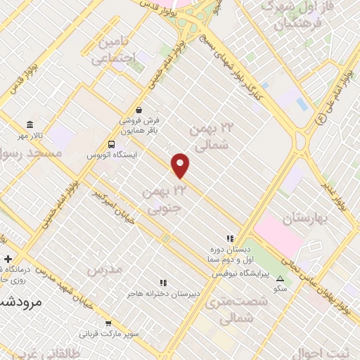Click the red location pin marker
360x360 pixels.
[x=181, y=165]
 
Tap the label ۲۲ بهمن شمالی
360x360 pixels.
[x=211, y=136]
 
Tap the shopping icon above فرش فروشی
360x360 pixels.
[x=139, y=110]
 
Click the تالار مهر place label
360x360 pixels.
[x=51, y=134]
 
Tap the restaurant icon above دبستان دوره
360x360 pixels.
[x=229, y=238]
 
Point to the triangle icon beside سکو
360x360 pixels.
[x=281, y=278]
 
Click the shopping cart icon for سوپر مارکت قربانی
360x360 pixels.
[x=108, y=324]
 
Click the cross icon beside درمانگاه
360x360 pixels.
[x=8, y=259]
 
